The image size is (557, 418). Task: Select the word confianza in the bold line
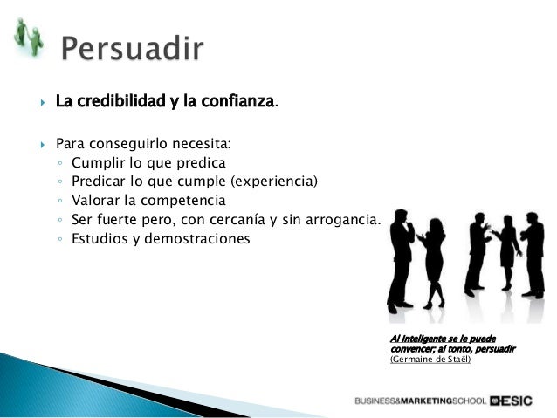(x=237, y=102)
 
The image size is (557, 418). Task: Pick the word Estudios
(x=99, y=238)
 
